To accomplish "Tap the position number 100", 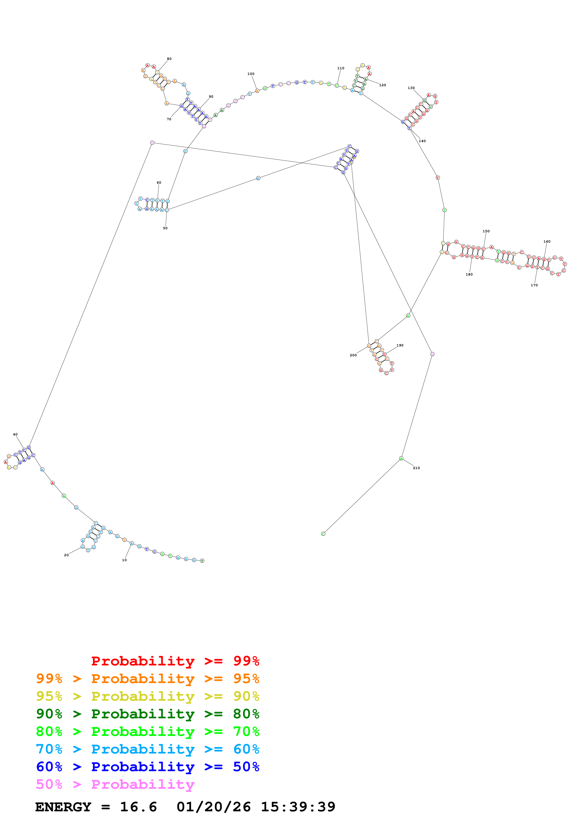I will (251, 74).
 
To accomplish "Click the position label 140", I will (422, 141).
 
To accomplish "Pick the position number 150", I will (486, 231).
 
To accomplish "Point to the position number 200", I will (353, 355).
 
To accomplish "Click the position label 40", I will (15, 434).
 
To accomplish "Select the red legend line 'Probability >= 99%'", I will (175, 661).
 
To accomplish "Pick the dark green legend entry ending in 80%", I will (148, 714).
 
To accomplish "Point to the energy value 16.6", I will (139, 807).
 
